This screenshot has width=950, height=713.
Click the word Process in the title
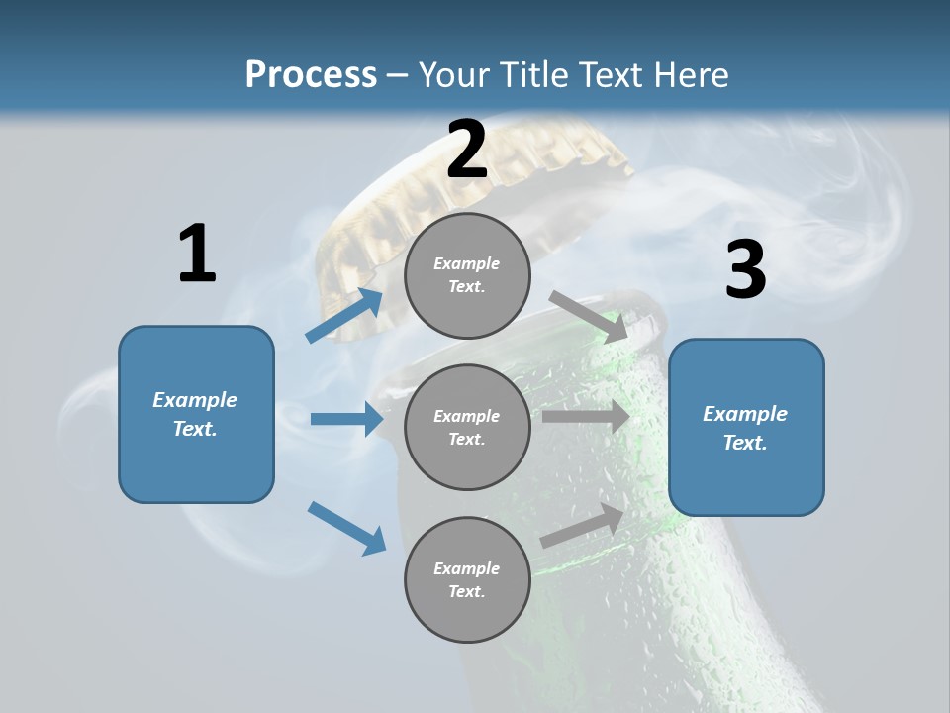tap(311, 74)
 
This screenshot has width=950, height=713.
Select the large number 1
tap(197, 255)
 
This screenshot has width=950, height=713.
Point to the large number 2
tap(467, 151)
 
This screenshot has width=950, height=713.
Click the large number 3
tap(745, 270)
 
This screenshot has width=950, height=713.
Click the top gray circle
tap(467, 275)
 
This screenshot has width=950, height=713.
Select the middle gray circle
tap(467, 427)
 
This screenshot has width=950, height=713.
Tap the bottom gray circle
tap(467, 579)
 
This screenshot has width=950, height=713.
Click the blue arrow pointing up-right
tap(345, 316)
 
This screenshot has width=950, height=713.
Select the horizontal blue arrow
tap(346, 419)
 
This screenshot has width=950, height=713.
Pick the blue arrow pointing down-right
tap(347, 528)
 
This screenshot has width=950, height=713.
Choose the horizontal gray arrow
tap(585, 417)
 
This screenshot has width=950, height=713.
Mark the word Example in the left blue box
tap(195, 400)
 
